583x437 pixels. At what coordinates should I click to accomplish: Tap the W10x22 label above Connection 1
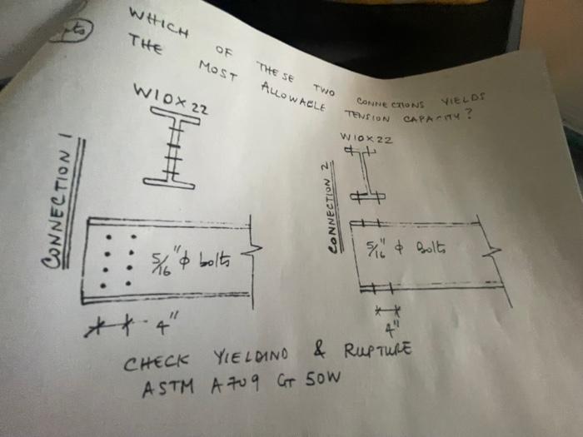[x=170, y=99]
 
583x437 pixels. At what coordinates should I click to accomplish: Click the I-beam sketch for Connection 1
[x=176, y=150]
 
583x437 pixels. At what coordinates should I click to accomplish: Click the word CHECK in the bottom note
[x=156, y=363]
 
